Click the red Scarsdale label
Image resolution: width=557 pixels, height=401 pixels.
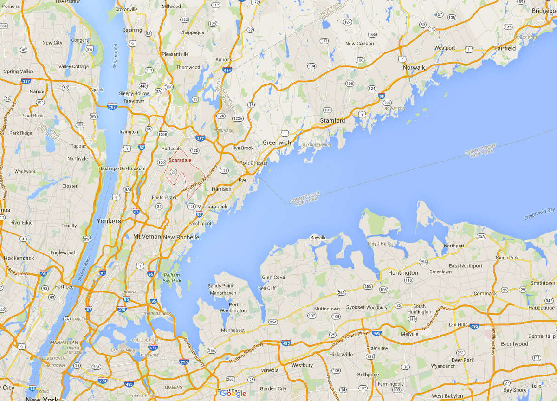[x=180, y=160]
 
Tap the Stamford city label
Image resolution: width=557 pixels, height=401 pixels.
[x=332, y=121]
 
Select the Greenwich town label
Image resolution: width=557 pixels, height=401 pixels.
[x=277, y=142]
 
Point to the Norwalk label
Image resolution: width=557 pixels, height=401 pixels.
[x=414, y=67]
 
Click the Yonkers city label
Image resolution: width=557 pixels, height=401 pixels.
[x=108, y=221]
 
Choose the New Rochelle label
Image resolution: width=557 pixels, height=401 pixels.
[x=181, y=237]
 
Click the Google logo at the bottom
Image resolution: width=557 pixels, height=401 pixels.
[x=233, y=394]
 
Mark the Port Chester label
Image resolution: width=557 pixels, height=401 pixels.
[x=253, y=163]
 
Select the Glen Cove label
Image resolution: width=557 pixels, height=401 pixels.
[x=273, y=278]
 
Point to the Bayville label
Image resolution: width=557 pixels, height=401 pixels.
[x=318, y=238]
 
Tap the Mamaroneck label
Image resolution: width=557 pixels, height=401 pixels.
[x=212, y=206]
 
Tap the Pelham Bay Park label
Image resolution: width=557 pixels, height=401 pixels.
[x=172, y=278]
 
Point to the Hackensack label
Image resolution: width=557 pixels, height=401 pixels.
[x=19, y=258]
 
